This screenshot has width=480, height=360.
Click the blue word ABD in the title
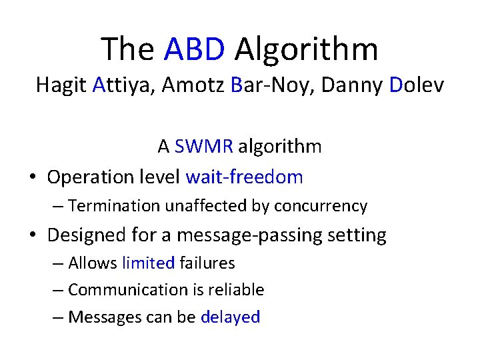pos(195,49)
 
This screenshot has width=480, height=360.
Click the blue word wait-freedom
pos(244,177)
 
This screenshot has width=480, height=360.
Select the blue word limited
pos(148,263)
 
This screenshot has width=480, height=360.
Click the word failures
pos(207,263)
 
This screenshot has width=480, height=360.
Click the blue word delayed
pos(230,317)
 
